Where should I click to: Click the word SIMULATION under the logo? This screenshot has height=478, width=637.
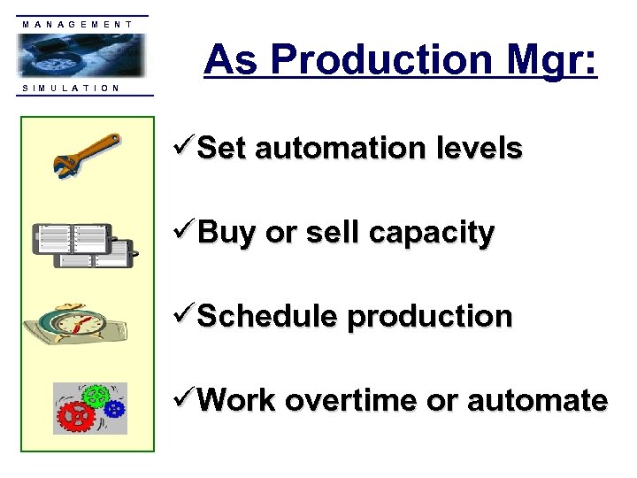click(70, 88)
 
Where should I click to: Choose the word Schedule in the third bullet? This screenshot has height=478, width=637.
click(267, 317)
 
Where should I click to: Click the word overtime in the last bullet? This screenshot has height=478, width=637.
click(352, 401)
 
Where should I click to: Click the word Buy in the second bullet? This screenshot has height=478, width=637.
click(220, 234)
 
